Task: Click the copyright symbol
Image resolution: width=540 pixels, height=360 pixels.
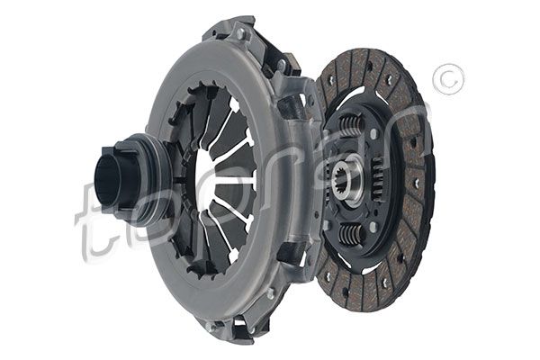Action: pos(448,79)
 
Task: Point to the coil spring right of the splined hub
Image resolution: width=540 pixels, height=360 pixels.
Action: pos(379,179)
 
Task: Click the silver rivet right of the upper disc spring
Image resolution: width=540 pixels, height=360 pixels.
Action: pos(373,133)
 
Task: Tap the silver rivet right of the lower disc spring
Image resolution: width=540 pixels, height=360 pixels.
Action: pos(373,227)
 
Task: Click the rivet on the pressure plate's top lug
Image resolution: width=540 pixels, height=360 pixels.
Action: pos(240,33)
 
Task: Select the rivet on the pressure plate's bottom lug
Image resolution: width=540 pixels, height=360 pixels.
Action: pos(209,326)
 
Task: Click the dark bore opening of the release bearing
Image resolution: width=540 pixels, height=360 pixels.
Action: pos(106,180)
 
